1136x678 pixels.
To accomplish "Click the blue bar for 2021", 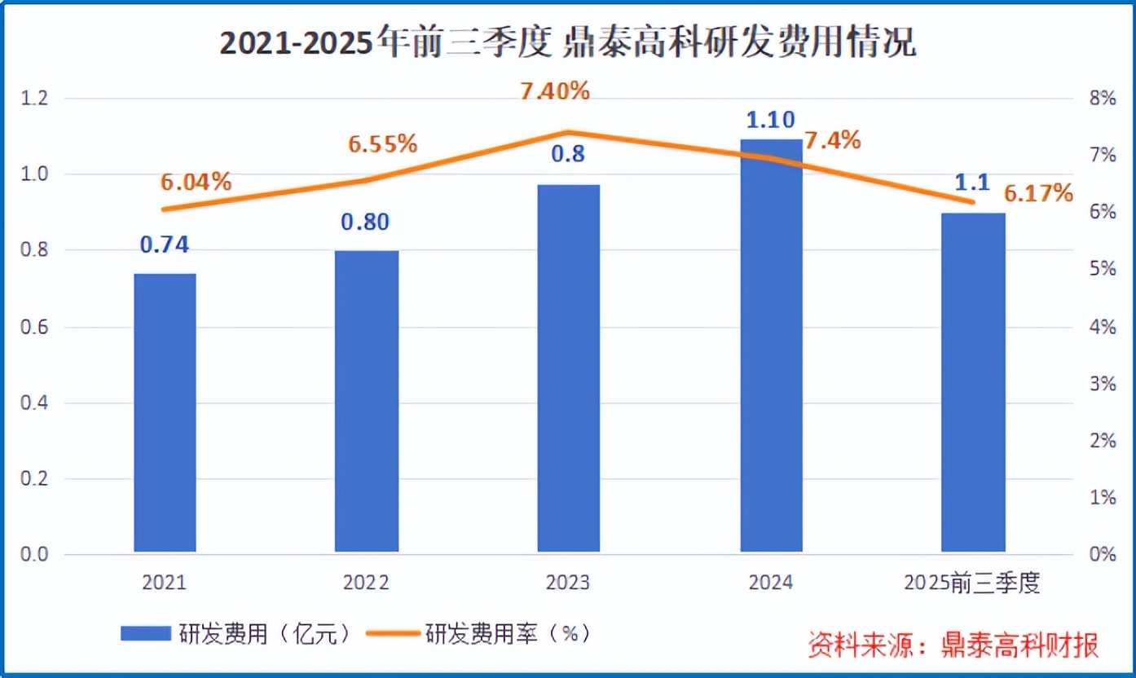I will [x=165, y=413].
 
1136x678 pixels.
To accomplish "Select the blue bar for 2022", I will [x=367, y=402].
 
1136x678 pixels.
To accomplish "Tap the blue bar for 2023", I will [x=569, y=368].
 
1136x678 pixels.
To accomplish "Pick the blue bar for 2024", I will [x=771, y=346].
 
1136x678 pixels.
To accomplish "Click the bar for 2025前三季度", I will [x=973, y=383].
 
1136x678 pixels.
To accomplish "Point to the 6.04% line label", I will [x=196, y=182].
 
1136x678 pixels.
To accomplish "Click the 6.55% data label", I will [x=383, y=144].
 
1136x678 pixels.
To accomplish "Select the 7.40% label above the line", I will [x=555, y=91].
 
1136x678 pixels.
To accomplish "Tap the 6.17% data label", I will [x=1037, y=193].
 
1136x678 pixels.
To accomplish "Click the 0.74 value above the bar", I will [x=165, y=244].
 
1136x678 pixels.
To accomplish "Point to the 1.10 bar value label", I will [x=770, y=120].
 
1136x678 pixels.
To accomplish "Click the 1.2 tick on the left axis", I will [x=34, y=99].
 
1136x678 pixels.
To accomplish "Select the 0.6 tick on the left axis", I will [x=34, y=328].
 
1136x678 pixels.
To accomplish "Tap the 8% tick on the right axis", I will [x=1101, y=99].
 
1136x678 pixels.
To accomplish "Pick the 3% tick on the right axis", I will [x=1101, y=384].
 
